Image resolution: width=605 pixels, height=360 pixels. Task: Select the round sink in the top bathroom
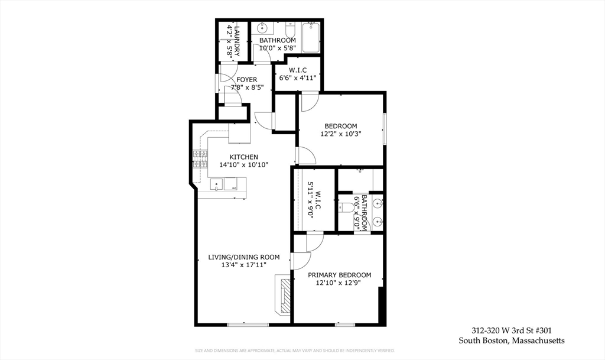click(x=264, y=28)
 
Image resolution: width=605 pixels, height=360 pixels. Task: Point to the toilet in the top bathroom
click(x=290, y=30)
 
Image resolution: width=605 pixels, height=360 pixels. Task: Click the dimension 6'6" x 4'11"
click(x=298, y=77)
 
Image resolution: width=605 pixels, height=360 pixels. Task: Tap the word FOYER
click(x=247, y=79)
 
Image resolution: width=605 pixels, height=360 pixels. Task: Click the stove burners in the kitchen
click(x=200, y=158)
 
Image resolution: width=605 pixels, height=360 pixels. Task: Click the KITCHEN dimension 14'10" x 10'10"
click(x=244, y=165)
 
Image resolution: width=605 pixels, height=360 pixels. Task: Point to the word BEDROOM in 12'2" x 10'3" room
click(x=341, y=126)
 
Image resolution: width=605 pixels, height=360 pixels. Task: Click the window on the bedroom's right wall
click(x=384, y=128)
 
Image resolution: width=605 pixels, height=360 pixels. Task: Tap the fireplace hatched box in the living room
click(x=285, y=295)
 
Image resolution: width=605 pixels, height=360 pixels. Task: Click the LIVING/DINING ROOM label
click(x=243, y=257)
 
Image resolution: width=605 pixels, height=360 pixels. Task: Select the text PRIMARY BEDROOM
click(x=340, y=275)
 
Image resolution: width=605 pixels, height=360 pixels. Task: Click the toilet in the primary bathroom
click(x=347, y=207)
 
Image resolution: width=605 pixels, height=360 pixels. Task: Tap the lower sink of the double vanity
click(x=377, y=222)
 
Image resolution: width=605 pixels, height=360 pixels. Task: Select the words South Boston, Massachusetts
click(x=512, y=340)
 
